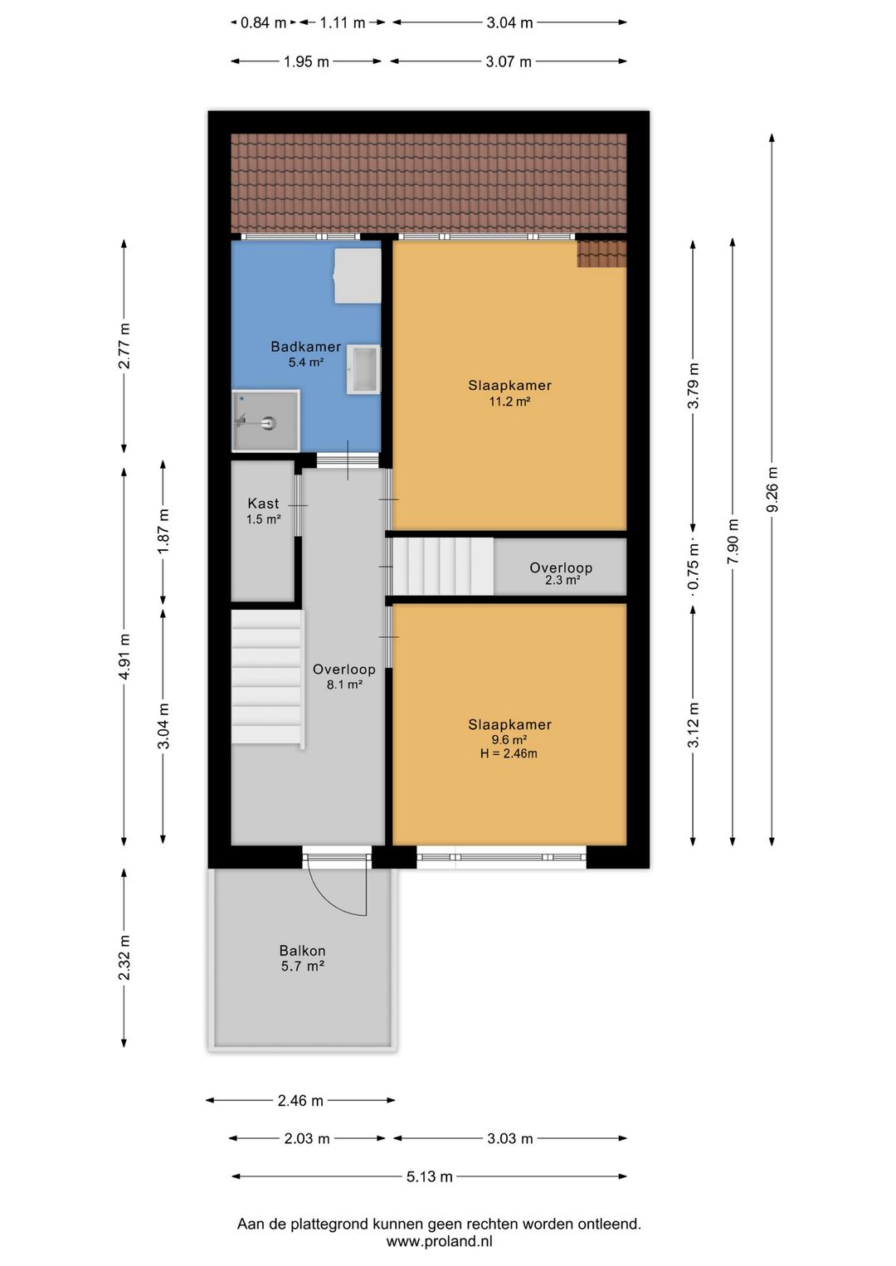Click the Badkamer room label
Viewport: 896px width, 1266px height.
[x=305, y=347]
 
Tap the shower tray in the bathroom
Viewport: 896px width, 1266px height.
[x=265, y=421]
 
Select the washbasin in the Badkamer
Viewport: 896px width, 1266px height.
[x=363, y=369]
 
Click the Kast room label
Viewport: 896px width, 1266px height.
[x=263, y=504]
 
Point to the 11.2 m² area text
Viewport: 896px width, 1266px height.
[x=509, y=402]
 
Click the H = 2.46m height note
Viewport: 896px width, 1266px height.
[x=509, y=754]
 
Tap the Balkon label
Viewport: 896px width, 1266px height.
[x=302, y=951]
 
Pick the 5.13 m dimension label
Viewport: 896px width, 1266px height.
[x=430, y=1176]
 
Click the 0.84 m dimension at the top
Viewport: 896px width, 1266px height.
[x=263, y=23]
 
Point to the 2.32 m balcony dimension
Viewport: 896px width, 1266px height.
[x=124, y=957]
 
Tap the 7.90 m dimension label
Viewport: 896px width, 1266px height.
[x=733, y=541]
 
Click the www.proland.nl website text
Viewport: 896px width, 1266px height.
[x=439, y=1242]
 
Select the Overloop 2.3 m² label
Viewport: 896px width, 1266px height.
[x=561, y=573]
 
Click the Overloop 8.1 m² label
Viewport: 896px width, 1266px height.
[x=343, y=676]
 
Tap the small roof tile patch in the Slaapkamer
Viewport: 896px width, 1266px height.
[x=601, y=254]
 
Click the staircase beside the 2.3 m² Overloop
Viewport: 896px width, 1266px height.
[x=442, y=566]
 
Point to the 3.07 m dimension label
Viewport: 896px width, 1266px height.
[x=509, y=61]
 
